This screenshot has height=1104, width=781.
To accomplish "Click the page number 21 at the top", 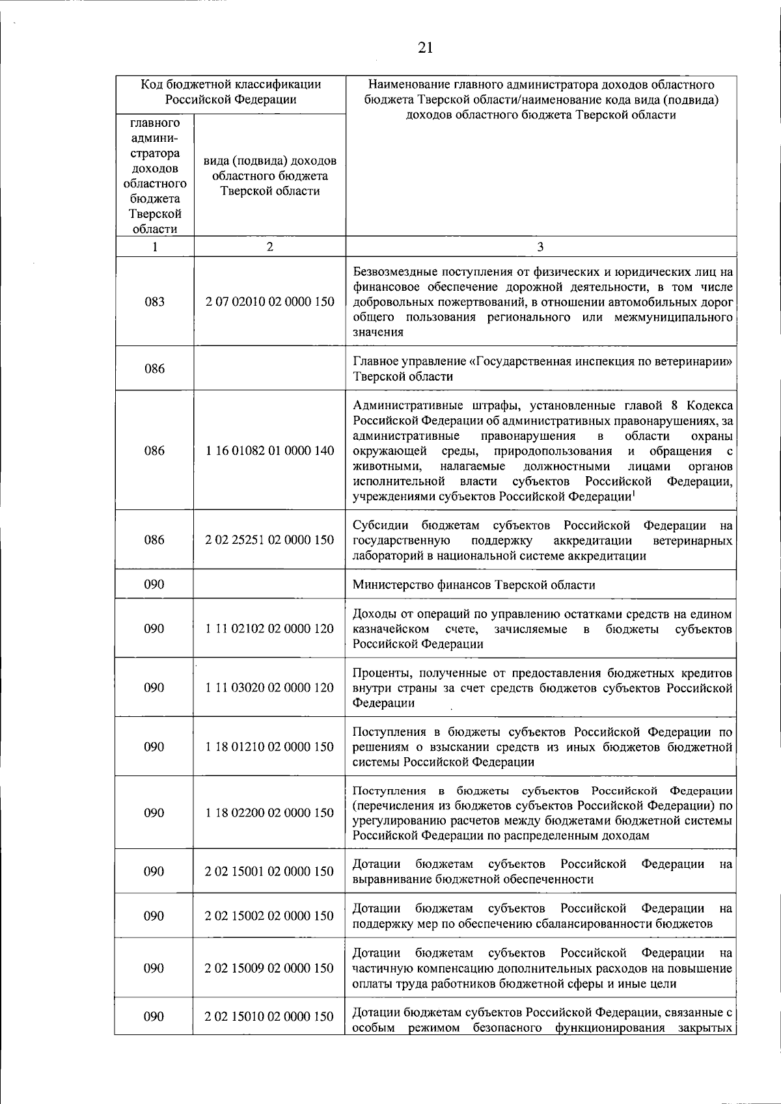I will (425, 47).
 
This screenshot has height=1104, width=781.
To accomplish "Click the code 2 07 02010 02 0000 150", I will (269, 302).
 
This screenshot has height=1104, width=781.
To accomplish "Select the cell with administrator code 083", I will (154, 302).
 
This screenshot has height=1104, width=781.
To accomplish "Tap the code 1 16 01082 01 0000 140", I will (269, 451).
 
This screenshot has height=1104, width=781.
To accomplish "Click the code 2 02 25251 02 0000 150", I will (269, 540).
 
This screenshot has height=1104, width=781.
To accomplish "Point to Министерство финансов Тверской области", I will (473, 585).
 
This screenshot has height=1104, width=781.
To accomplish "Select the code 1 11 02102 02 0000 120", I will (269, 629).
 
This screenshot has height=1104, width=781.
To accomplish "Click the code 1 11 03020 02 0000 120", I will (269, 688).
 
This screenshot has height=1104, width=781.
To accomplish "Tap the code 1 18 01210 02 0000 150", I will (269, 747).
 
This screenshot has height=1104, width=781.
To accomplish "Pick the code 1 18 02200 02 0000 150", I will (269, 813).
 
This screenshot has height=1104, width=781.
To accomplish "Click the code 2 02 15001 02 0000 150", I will (269, 872).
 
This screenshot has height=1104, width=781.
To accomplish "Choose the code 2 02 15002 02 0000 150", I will (269, 916).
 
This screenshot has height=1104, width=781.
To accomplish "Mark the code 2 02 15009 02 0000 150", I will (269, 968).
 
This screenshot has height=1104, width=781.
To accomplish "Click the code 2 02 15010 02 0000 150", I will (269, 1016).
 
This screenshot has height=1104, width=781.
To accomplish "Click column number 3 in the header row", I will (540, 247).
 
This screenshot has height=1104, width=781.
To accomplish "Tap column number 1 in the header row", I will (154, 247).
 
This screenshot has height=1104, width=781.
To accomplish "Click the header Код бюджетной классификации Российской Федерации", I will (230, 92).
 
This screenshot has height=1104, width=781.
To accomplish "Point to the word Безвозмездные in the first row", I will (394, 272).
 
